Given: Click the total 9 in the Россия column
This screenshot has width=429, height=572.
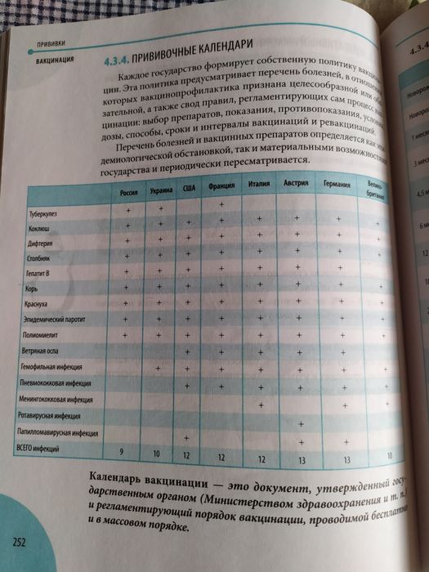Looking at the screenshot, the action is (122, 450).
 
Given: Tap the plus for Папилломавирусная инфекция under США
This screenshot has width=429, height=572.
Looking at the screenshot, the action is (187, 437).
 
